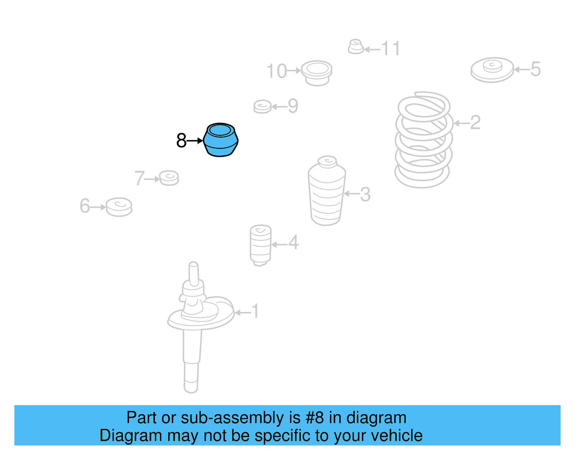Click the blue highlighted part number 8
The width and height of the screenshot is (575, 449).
pos(220,140)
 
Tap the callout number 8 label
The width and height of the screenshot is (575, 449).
pos(181,141)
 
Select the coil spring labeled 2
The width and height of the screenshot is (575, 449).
pos(424,140)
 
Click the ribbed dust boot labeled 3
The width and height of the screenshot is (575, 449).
pos(327,191)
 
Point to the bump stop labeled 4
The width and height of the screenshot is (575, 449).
pos(261,245)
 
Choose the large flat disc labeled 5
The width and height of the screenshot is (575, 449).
pos(492,70)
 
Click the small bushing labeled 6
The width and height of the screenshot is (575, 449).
pos(119,207)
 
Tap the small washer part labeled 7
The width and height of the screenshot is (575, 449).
pos(169,178)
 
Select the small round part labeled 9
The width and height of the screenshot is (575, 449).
pos(262,107)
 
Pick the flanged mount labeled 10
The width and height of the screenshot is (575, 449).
pos(317,73)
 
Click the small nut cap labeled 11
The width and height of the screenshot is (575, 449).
pos(356,47)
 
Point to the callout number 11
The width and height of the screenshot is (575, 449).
pos(391,49)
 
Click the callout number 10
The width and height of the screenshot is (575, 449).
pos(276,71)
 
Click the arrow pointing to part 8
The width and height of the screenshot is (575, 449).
pos(195,141)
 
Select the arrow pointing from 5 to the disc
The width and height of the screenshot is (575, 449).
pos(522,70)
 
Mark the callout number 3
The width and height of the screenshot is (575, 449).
pos(365,194)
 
